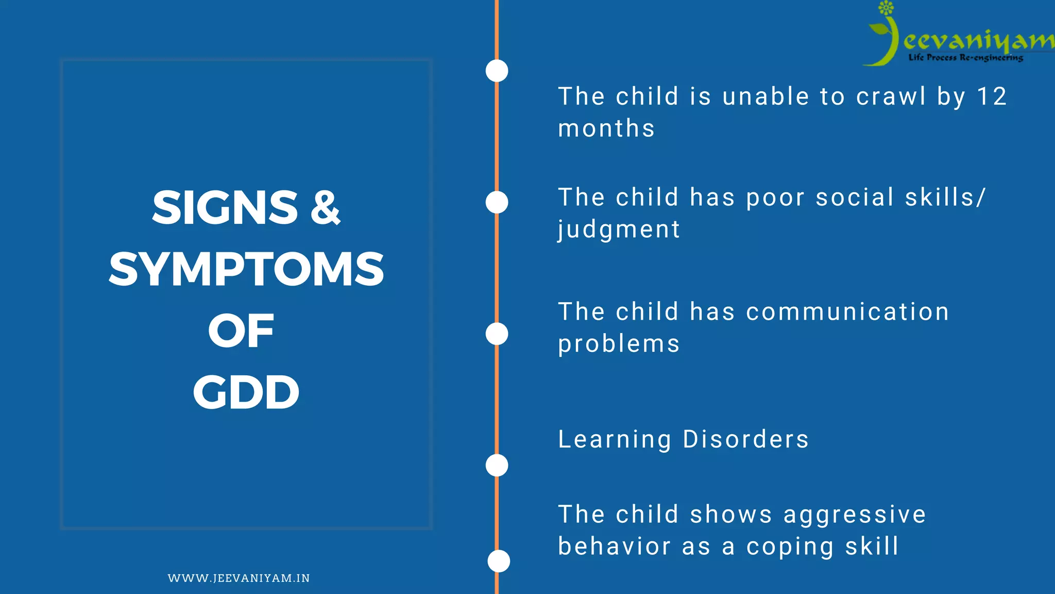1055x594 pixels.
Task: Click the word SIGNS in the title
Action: (x=225, y=207)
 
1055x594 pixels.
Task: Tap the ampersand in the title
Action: (x=326, y=207)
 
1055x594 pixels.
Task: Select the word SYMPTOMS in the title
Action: (x=246, y=269)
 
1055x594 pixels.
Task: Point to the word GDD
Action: (x=246, y=392)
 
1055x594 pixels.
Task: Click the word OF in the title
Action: (x=241, y=331)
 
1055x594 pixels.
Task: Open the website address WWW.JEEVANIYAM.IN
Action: (x=239, y=578)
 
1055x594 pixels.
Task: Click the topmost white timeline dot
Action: (x=497, y=71)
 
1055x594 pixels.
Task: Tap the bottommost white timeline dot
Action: (x=499, y=561)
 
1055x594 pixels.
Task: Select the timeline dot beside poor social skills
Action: (x=497, y=202)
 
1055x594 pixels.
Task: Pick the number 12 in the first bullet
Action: (x=992, y=96)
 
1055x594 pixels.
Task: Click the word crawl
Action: (x=891, y=96)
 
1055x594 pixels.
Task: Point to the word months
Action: (x=606, y=128)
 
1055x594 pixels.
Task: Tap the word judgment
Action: (x=619, y=229)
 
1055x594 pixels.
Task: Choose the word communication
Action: (x=847, y=312)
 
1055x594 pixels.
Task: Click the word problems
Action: (x=619, y=344)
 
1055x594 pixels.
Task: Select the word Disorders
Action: (x=745, y=439)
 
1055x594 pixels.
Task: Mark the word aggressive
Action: (x=855, y=515)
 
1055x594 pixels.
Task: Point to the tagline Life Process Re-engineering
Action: (x=965, y=58)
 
